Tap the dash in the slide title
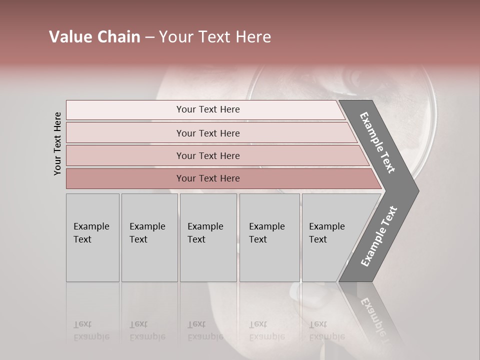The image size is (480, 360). click(x=149, y=37)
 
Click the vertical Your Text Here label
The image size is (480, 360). click(x=57, y=144)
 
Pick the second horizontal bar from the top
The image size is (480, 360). click(x=208, y=133)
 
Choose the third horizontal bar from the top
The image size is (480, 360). click(x=208, y=155)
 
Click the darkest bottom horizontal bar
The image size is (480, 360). click(x=208, y=178)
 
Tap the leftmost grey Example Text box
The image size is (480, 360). click(x=92, y=237)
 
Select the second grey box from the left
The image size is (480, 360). click(x=149, y=237)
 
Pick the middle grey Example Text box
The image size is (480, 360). click(x=208, y=237)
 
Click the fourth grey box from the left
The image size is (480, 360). click(x=269, y=237)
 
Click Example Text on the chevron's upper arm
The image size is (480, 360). click(x=377, y=142)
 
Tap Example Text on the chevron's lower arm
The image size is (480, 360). click(x=378, y=236)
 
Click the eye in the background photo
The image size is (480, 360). click(x=355, y=77)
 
